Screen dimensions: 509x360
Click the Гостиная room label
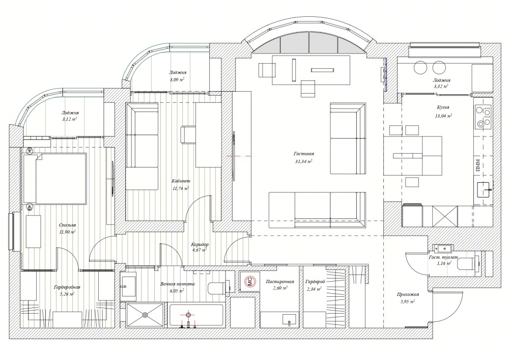(303, 154)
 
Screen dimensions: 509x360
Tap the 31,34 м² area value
(303, 161)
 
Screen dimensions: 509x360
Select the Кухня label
(443, 107)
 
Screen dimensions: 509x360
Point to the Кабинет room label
(181, 181)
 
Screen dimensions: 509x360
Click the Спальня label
(68, 225)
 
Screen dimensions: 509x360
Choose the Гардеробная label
(67, 287)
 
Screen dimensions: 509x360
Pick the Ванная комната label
(178, 284)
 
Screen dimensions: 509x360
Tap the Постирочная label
(279, 282)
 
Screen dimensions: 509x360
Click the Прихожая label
(408, 294)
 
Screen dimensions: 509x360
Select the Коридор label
(200, 244)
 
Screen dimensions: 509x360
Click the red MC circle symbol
(250, 281)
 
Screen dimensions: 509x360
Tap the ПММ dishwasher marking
(478, 165)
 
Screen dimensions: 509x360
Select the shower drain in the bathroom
(145, 315)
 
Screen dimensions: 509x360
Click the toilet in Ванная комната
(216, 288)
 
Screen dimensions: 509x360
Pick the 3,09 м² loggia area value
(177, 79)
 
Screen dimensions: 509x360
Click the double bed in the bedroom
(54, 179)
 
